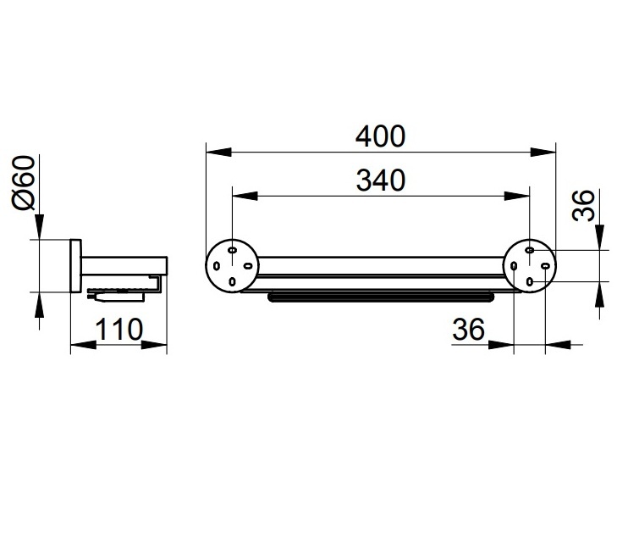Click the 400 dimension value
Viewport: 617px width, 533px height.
tap(380, 136)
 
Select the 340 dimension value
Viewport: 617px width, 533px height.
tap(381, 180)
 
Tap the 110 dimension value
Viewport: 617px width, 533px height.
tap(118, 330)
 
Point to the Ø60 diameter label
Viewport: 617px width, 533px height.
tap(25, 182)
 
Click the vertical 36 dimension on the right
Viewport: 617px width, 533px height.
tap(583, 205)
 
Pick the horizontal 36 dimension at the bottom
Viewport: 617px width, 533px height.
tap(469, 330)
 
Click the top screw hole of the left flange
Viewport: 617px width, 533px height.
tap(233, 250)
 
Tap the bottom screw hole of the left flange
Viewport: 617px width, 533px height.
tap(232, 281)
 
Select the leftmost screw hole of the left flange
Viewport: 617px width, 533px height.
tap(217, 266)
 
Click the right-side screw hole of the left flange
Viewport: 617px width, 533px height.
tap(248, 266)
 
